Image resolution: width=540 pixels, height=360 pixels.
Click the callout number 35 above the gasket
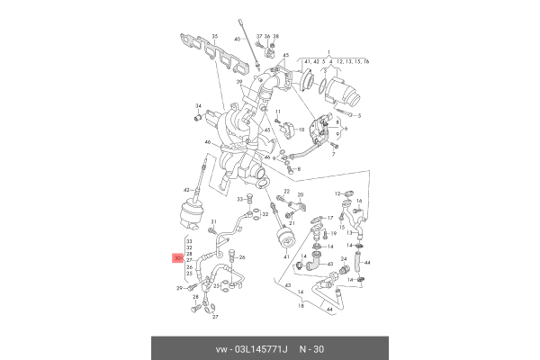(214, 36)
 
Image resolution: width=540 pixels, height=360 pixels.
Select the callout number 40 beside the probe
(238, 40)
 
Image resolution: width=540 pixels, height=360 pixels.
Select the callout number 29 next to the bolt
(180, 288)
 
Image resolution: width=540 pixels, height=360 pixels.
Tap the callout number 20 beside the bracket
(301, 195)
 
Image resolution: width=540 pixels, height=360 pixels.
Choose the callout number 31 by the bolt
(214, 221)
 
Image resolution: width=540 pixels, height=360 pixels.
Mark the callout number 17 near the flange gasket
(331, 218)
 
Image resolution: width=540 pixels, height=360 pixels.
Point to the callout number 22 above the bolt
(286, 193)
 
